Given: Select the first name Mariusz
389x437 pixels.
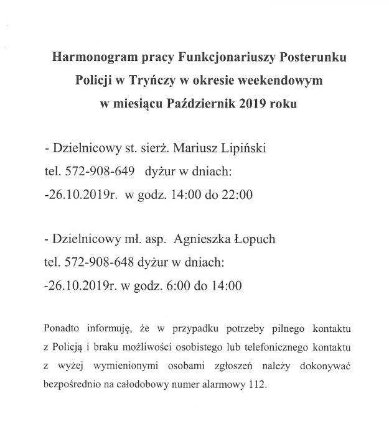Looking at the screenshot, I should [195, 149].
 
